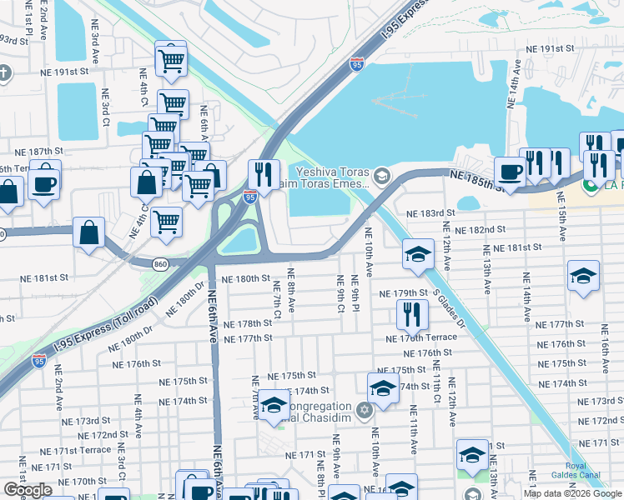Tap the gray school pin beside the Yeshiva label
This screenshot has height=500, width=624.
(382, 175)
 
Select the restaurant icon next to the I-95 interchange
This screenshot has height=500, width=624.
(264, 175)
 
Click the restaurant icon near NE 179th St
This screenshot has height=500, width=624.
(411, 314)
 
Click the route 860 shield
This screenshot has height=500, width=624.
(162, 263)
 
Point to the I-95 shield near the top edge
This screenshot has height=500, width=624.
(356, 63)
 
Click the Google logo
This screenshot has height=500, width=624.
(28, 490)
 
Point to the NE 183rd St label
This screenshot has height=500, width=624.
(430, 213)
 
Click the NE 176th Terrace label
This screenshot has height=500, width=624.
(421, 337)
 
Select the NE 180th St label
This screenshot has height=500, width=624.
(246, 278)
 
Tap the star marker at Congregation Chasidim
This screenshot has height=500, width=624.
(364, 411)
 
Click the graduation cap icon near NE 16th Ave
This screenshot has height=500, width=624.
(583, 275)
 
